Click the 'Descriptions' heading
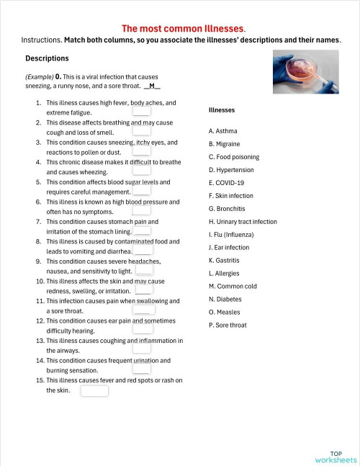[47, 58]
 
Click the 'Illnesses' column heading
[221, 110]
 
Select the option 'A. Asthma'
[222, 131]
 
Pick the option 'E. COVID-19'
[226, 183]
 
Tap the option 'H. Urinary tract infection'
[242, 222]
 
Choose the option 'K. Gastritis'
[225, 260]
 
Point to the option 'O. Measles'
[224, 312]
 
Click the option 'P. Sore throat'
[228, 325]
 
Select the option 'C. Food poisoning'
[233, 157]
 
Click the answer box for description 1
[142, 112]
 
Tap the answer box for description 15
[94, 391]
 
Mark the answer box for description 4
[142, 171]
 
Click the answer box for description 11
[144, 310]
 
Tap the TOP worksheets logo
[336, 456]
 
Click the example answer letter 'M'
[152, 86]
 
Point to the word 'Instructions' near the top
[40, 40]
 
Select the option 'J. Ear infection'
[229, 248]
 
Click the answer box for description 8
[143, 251]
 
